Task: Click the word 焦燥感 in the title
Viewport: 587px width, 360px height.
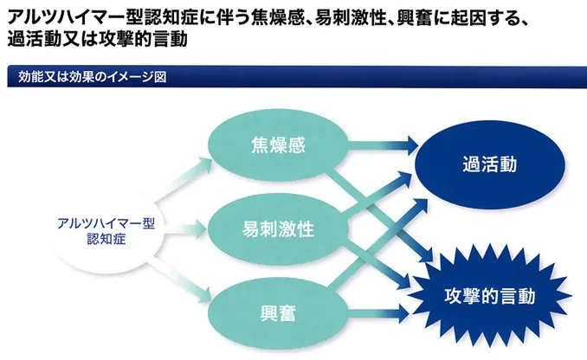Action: [x=274, y=15]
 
